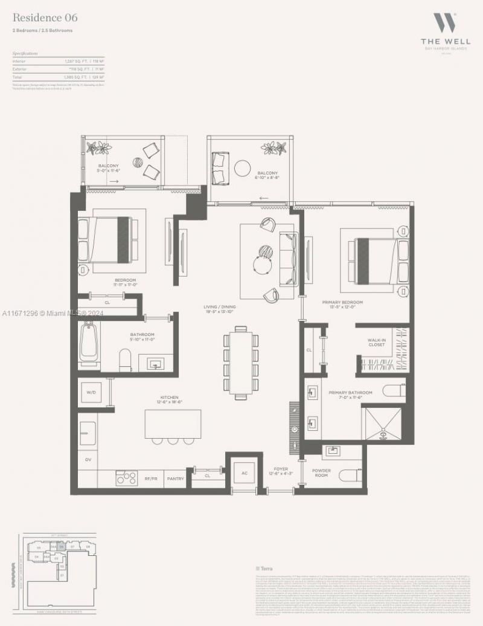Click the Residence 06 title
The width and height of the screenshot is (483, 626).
pyautogui.click(x=45, y=18)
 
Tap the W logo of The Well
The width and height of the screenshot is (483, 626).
pyautogui.click(x=446, y=24)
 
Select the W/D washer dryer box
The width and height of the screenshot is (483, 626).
pyautogui.click(x=91, y=392)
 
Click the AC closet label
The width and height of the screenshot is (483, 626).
pyautogui.click(x=245, y=473)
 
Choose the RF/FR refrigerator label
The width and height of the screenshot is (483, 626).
pyautogui.click(x=151, y=478)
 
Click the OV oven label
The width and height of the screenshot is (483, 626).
pyautogui.click(x=88, y=459)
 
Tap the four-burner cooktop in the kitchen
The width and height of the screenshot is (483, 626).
pyautogui.click(x=126, y=477)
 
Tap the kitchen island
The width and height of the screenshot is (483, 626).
pyautogui.click(x=173, y=422)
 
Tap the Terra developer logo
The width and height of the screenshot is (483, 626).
pyautogui.click(x=266, y=568)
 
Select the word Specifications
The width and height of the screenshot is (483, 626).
pyautogui.click(x=25, y=53)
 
